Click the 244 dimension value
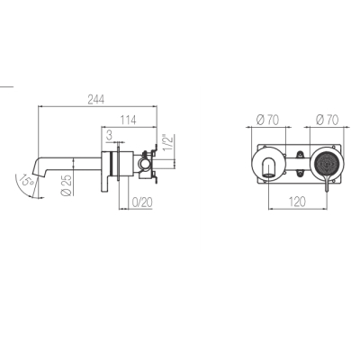[96, 100]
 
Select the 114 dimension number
[128, 120]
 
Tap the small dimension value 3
[109, 135]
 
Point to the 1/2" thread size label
[167, 144]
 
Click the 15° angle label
[26, 181]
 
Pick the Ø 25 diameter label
[67, 185]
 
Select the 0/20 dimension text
[142, 202]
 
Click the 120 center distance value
[297, 202]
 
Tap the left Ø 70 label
[267, 120]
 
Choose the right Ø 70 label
[327, 120]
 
